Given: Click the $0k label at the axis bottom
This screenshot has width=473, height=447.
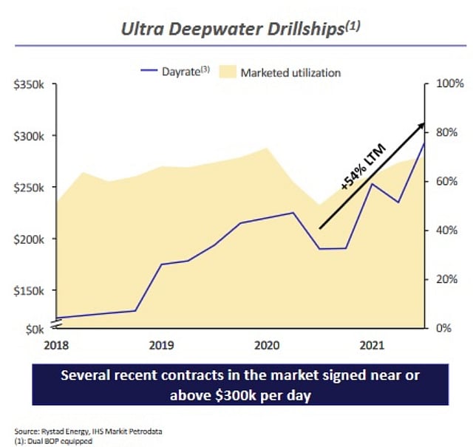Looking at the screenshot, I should pyautogui.click(x=34, y=327).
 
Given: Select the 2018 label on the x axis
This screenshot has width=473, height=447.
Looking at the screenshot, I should pyautogui.click(x=56, y=344).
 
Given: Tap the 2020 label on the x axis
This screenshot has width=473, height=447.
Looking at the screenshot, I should pyautogui.click(x=266, y=344).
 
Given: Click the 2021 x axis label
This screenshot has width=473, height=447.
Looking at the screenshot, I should pyautogui.click(x=371, y=344).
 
